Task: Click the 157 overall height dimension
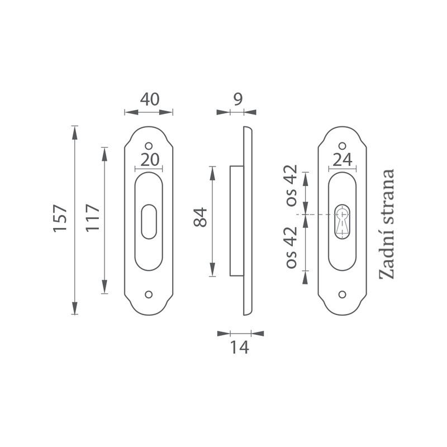point(60,217)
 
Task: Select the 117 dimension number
point(93,217)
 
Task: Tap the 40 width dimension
point(150,99)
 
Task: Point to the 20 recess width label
point(150,160)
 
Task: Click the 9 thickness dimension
point(238,99)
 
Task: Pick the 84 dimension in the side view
point(201,217)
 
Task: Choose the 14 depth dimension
point(240,348)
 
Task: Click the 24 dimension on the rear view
point(343,160)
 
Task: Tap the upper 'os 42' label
point(292,186)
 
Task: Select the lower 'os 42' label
point(292,247)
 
